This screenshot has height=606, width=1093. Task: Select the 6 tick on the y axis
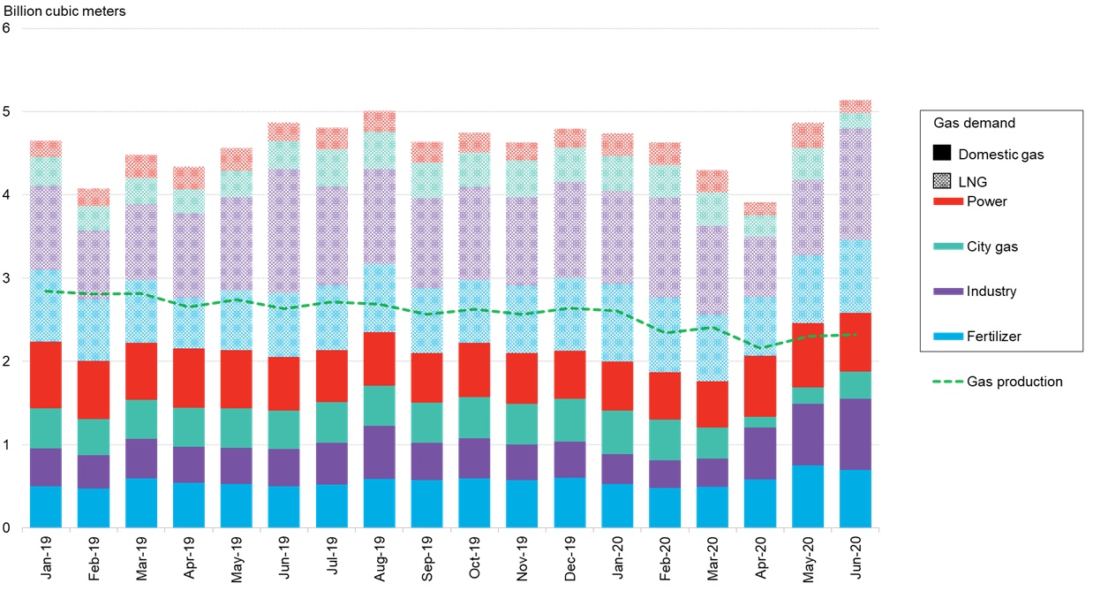pos(7,28)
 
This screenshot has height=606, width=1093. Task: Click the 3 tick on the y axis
pos(7,278)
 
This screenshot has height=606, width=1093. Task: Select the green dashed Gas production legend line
pos(946,382)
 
